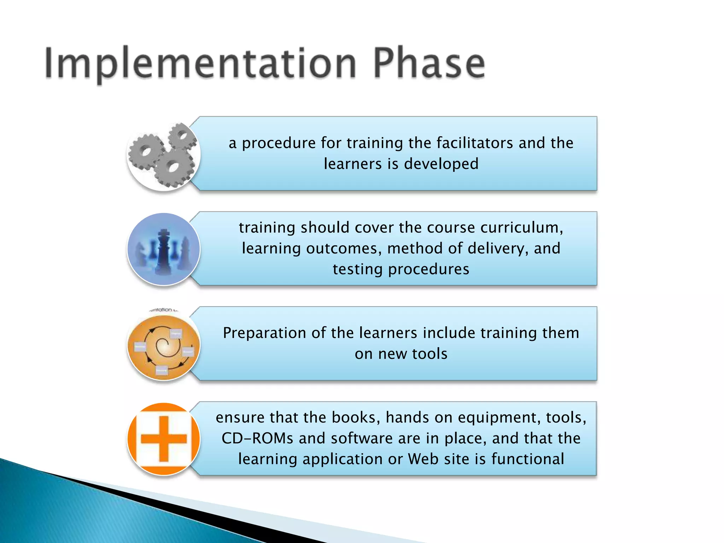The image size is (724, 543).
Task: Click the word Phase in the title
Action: click(x=428, y=64)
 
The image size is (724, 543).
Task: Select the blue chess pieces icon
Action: click(x=163, y=249)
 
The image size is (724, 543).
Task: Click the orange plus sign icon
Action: click(x=163, y=439)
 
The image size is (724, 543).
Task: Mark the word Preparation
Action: click(x=264, y=333)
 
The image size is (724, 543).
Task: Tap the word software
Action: click(x=362, y=438)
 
